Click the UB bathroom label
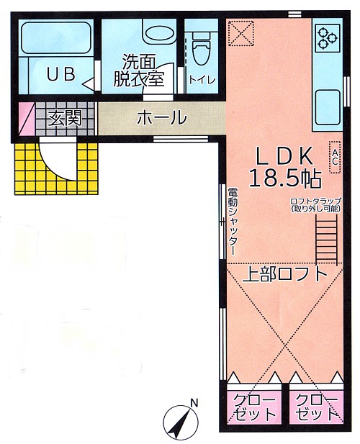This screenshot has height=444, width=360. click(61, 74)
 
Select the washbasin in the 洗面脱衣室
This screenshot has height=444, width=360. click(160, 35)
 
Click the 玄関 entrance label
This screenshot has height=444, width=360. click(65, 117)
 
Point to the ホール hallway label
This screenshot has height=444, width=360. click(162, 117)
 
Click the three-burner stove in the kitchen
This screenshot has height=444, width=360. click(328, 37)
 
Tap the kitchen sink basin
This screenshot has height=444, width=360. click(328, 108)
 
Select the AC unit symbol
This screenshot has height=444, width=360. click(335, 157)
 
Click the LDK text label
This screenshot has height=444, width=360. click(284, 156)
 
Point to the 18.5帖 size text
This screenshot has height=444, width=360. click(285, 179)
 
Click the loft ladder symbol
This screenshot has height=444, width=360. click(326, 240)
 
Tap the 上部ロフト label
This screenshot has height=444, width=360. click(284, 274)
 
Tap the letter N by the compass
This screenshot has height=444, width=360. click(194, 402)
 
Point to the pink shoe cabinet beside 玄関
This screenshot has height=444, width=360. click(27, 119)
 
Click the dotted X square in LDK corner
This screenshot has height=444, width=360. click(240, 33)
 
